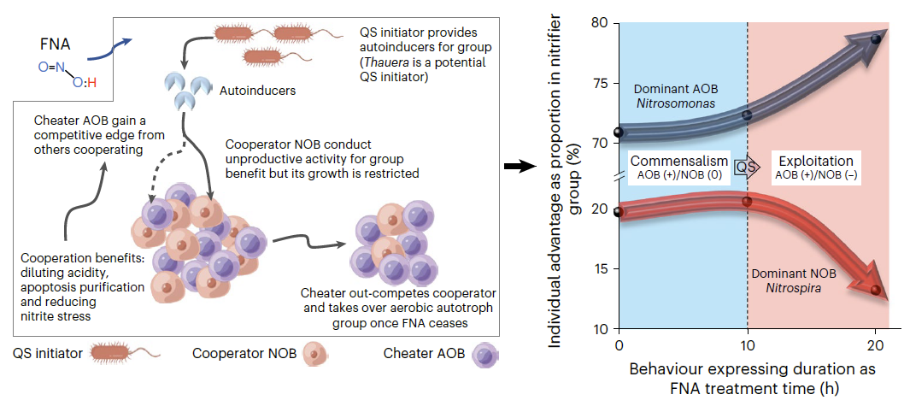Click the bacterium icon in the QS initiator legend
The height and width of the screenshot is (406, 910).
[125, 353]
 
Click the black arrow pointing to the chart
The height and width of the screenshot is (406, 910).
[519, 168]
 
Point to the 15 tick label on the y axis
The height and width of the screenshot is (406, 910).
[600, 269]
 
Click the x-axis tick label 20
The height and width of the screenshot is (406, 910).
[876, 343]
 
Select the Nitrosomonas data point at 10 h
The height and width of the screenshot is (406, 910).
[747, 115]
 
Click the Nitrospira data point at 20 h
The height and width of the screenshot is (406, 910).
[876, 289]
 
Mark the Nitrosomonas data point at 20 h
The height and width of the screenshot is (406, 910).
[876, 39]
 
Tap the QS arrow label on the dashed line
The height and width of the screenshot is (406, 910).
[749, 168]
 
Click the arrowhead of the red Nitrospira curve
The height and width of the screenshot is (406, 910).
[871, 283]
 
